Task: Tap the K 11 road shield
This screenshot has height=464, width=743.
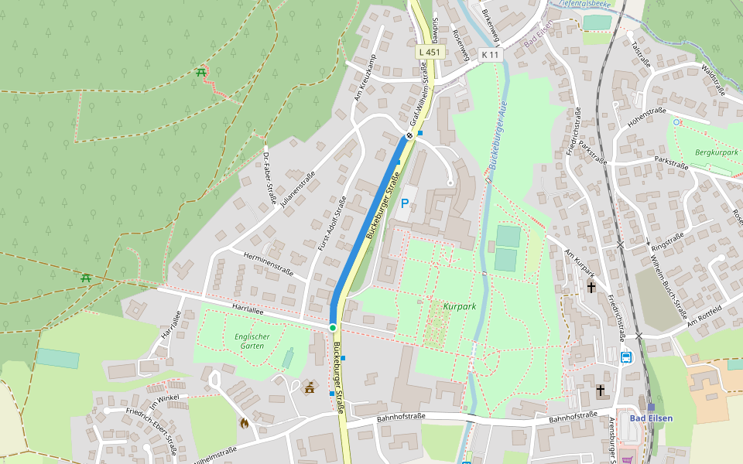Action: coord(490,55)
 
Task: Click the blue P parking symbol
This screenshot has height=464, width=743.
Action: coord(404,204)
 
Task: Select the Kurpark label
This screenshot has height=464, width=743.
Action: coord(460,307)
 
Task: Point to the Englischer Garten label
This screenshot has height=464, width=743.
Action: coord(252,341)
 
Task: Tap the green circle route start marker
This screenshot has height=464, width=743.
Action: coord(333,328)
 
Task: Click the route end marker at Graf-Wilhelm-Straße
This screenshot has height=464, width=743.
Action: coord(409,136)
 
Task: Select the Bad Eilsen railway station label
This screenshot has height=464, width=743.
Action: coord(651,418)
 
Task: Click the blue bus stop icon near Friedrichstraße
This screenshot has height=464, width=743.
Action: coord(626,357)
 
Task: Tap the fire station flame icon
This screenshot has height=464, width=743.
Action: coord(245,423)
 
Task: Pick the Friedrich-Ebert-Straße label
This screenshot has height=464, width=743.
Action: coord(152,432)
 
